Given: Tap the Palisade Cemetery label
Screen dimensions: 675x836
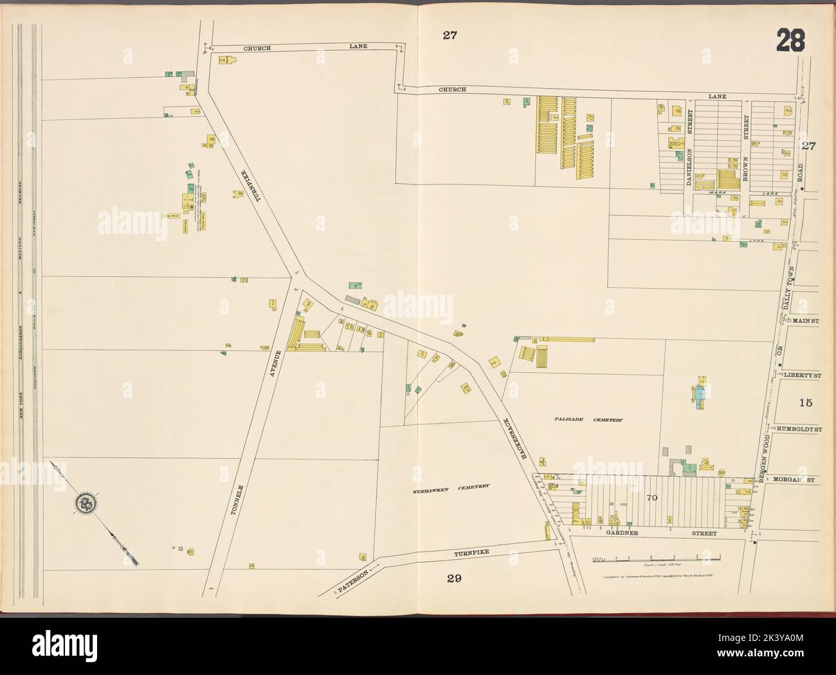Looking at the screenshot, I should pyautogui.click(x=588, y=420).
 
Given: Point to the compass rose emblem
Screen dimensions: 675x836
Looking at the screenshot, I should pyautogui.click(x=84, y=503).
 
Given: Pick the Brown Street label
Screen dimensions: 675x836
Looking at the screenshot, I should pyautogui.click(x=745, y=154).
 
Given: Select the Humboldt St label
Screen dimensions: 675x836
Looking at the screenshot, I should pyautogui.click(x=797, y=428).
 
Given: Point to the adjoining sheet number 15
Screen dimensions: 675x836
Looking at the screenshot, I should pyautogui.click(x=806, y=403).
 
